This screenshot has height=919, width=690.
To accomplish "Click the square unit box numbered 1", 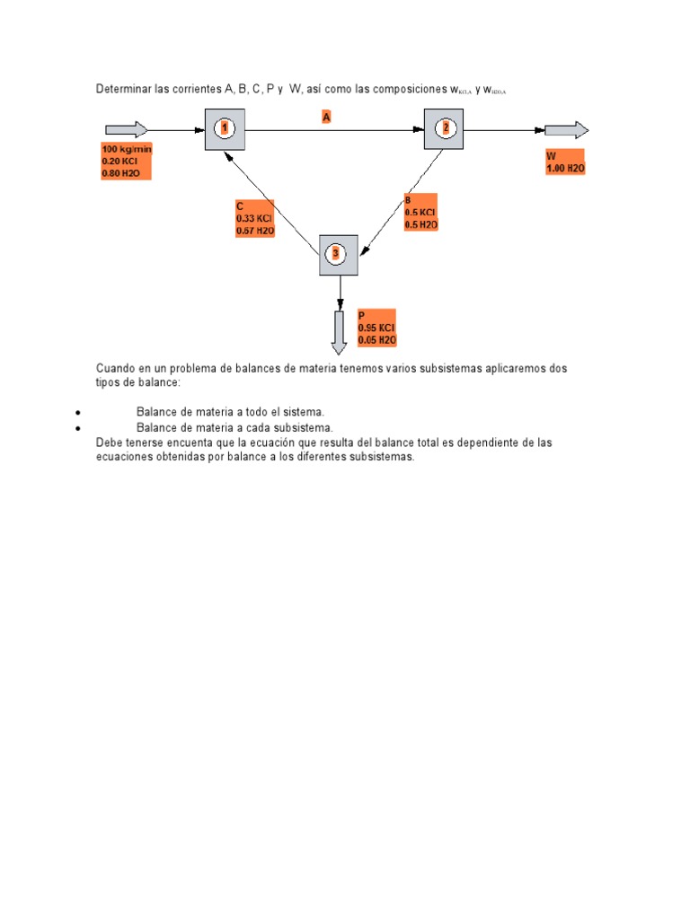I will coord(225,129).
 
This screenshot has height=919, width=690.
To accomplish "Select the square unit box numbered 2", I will coord(444,129).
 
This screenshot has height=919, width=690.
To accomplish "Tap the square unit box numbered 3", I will coord(338,255).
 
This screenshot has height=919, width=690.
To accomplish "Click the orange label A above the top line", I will coord(327,116).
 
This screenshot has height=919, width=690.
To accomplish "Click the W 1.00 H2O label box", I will coord(565,162).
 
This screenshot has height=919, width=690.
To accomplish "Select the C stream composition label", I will coord(254,218).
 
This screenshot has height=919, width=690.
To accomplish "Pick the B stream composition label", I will coord(420,212).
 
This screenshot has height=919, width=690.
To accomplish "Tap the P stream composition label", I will coord(376,328).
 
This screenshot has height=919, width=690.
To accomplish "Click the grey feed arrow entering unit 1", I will coord(126,130).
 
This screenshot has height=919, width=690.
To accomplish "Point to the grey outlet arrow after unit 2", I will coord(566,130).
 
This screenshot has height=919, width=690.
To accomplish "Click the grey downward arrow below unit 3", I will coord(340,331).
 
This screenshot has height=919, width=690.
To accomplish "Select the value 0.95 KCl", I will coord(376,328).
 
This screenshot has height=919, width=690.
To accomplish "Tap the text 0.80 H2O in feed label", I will coord(121,172).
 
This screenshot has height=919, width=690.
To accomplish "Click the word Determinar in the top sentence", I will coord(124,89).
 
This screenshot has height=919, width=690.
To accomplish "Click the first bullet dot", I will coord(79,412).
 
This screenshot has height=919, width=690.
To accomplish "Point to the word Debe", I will coord(108,442).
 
